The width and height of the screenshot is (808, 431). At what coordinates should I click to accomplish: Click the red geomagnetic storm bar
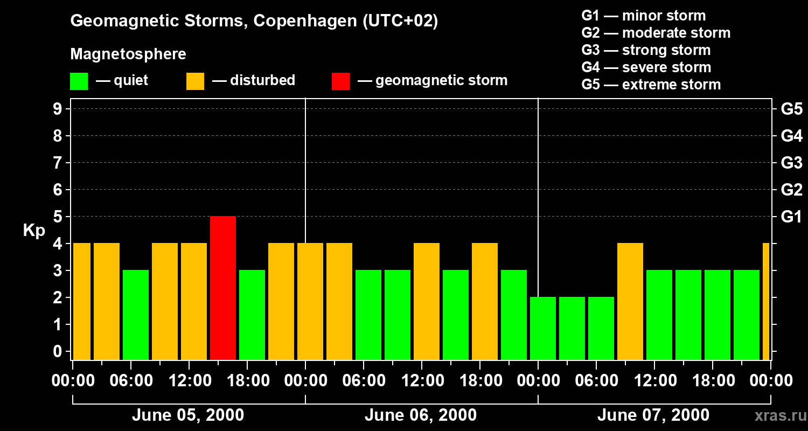(223, 288)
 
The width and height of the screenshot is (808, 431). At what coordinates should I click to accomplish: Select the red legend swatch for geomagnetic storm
(340, 81)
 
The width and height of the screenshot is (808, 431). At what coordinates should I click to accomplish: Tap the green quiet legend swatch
(79, 81)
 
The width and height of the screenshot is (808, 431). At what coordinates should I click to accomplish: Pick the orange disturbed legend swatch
(195, 81)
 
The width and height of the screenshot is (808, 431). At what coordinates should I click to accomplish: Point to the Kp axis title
(34, 231)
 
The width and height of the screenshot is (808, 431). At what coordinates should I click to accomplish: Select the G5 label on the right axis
(791, 109)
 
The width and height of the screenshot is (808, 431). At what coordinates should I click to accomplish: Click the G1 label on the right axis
(791, 217)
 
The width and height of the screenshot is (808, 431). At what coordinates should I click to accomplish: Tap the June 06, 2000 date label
(420, 415)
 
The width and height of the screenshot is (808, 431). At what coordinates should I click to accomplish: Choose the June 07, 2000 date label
(653, 415)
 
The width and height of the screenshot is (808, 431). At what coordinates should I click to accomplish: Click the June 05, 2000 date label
(187, 415)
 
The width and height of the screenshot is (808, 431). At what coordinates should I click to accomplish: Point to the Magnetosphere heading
(128, 54)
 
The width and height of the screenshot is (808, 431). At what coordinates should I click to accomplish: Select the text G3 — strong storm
(646, 50)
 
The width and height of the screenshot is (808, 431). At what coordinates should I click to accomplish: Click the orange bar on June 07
(630, 302)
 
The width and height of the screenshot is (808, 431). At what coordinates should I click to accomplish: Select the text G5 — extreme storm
(651, 85)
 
